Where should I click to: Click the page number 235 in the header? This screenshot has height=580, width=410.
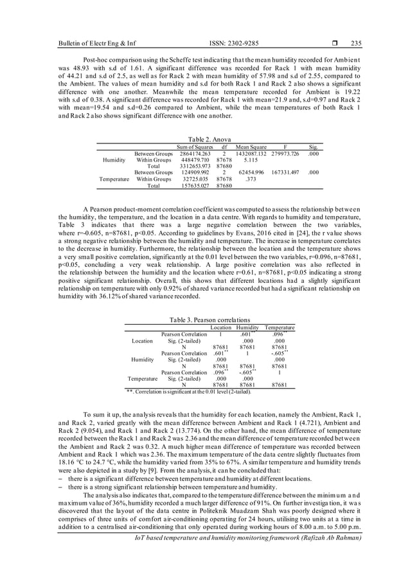357,44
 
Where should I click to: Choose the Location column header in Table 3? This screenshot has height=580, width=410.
221,328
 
